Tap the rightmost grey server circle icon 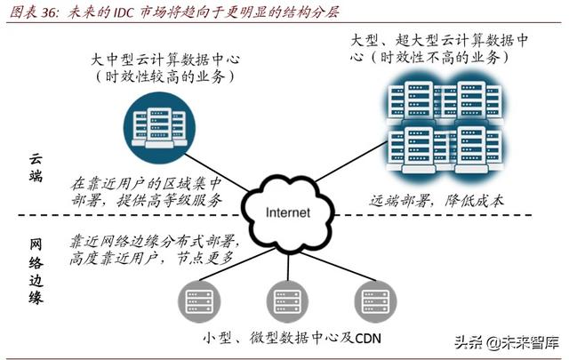click(x=373, y=299)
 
